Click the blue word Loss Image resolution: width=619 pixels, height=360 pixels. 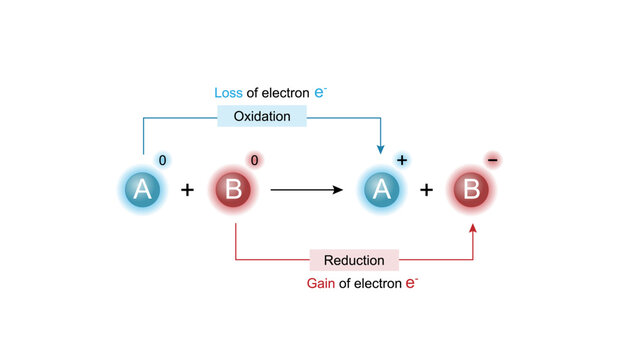coord(229,93)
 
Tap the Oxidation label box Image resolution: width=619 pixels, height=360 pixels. coord(262,117)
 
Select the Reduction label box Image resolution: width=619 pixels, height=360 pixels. coord(354,260)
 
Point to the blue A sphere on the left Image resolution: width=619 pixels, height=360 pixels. coord(143,190)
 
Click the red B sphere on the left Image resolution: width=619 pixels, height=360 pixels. coord(234,190)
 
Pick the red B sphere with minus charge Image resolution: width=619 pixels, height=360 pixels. coord(471,190)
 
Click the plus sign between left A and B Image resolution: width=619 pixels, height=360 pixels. coord(188,190)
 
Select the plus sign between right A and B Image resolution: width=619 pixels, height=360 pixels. coord(426,190)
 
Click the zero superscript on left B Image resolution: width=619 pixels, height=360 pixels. coord(255,160)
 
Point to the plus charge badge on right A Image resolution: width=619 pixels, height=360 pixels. coord(402,160)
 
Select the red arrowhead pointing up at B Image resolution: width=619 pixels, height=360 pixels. coord(472,229)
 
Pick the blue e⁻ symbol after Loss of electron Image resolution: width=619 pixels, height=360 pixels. coord(320,92)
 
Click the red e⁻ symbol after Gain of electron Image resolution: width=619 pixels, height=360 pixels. coord(411,283)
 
